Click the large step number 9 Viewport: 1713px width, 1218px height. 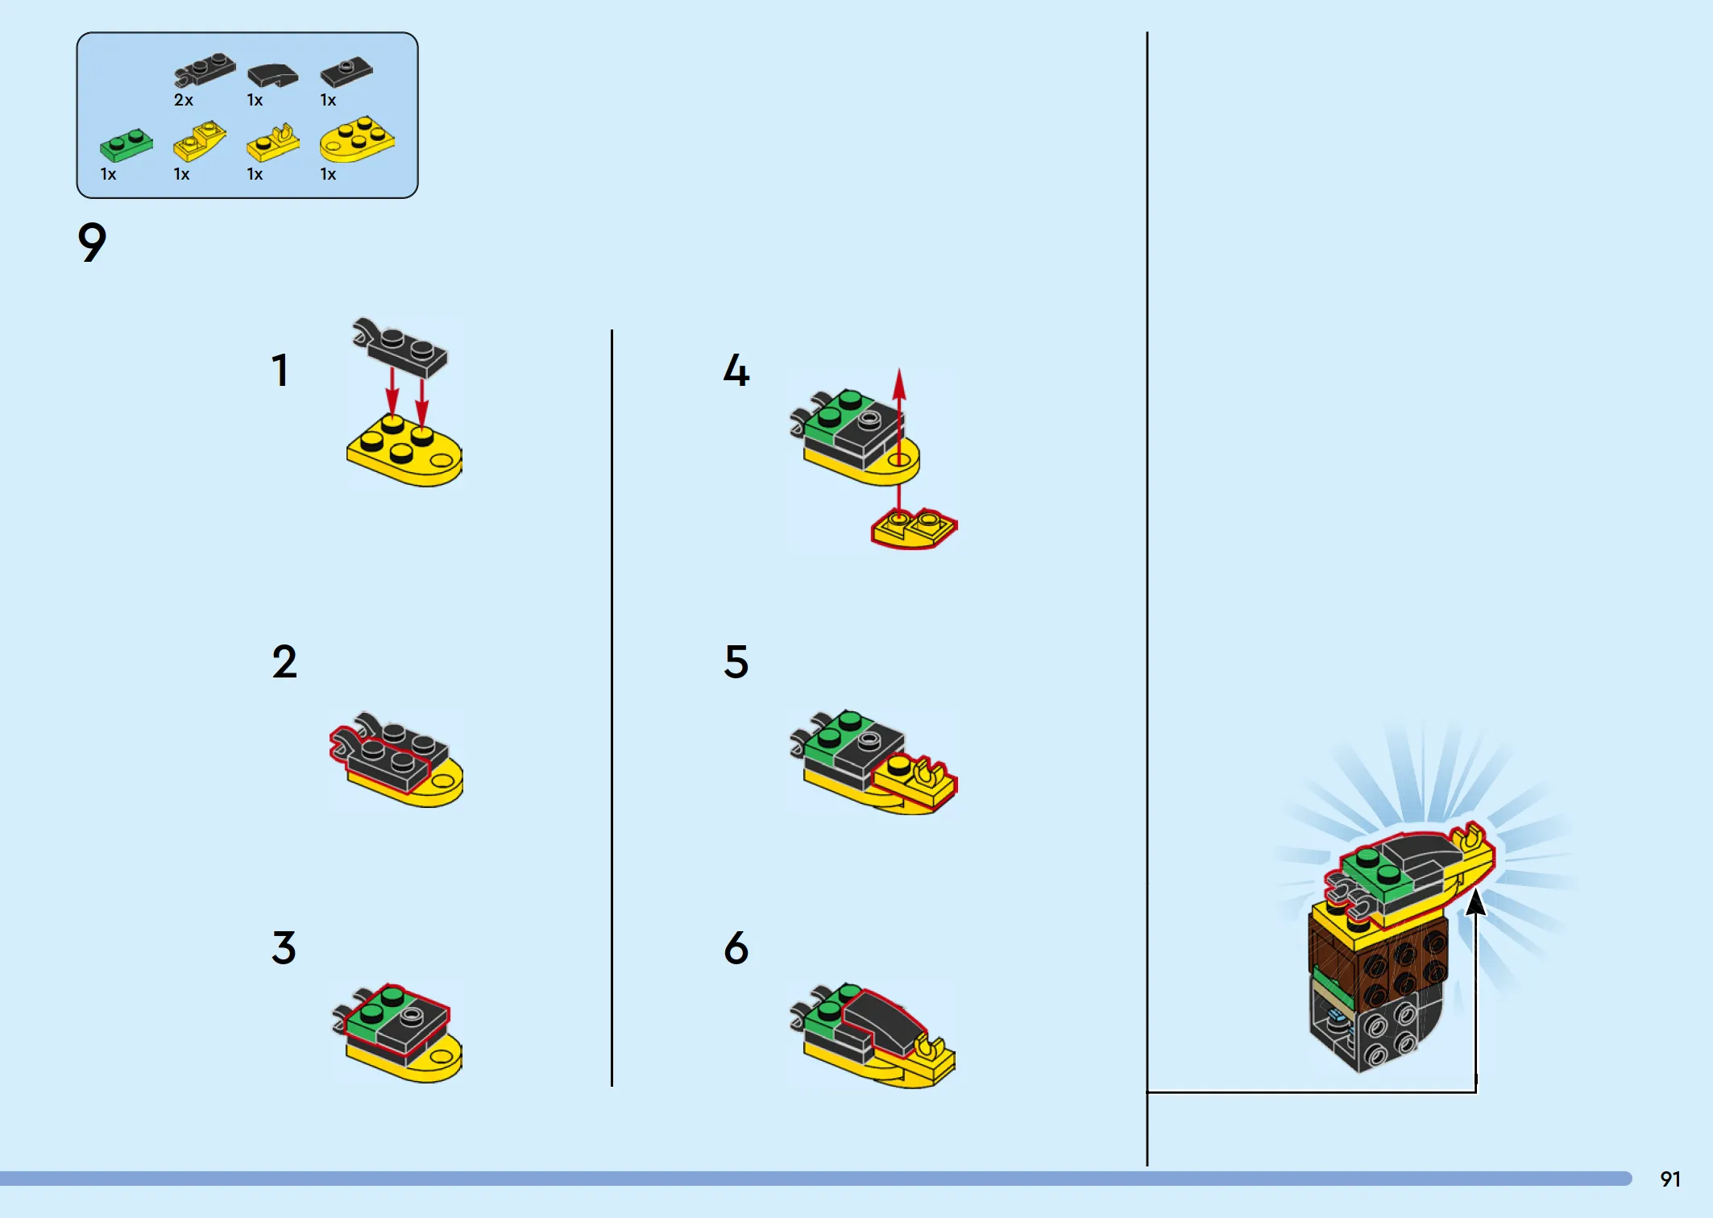tap(92, 242)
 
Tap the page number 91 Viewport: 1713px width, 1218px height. tap(1670, 1179)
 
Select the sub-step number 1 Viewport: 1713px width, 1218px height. tap(280, 371)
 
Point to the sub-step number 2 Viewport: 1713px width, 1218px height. tap(284, 661)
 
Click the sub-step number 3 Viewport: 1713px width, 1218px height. tap(284, 947)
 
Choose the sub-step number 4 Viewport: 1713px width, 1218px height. tap(736, 371)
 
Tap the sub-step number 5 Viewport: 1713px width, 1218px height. tap(736, 661)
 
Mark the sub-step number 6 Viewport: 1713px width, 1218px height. tap(736, 947)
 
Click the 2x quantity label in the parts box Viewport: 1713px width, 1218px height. tap(184, 100)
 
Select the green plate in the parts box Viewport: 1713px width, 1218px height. tap(127, 145)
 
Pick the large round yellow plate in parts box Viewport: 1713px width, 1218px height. tap(357, 139)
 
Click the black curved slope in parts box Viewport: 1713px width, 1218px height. tap(273, 76)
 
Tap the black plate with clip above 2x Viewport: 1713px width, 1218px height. tap(205, 69)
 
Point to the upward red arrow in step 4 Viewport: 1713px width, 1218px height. tap(899, 439)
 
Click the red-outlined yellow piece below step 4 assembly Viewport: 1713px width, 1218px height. tap(914, 528)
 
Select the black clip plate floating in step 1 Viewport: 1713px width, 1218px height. tap(400, 347)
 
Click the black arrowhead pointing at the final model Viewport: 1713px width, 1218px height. tap(1475, 902)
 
